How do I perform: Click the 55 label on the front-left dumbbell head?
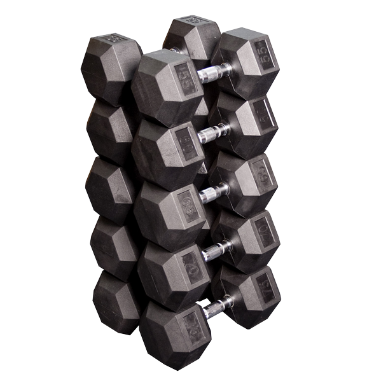pyautogui.click(x=186, y=79)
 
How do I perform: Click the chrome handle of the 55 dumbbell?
pyautogui.click(x=214, y=73)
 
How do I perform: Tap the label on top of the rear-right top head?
pyautogui.click(x=191, y=20)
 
